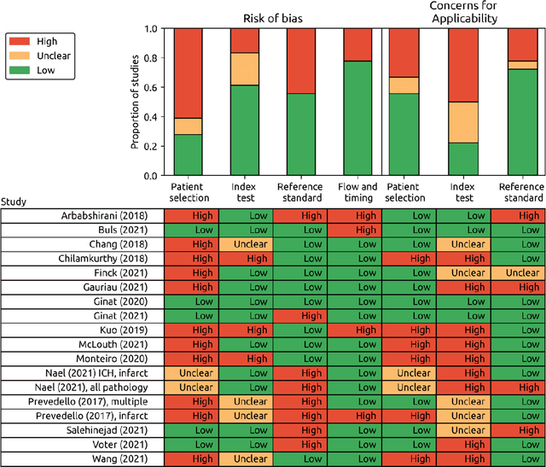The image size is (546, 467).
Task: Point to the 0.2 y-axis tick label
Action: click(155, 146)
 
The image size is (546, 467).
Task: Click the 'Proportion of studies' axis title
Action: click(135, 102)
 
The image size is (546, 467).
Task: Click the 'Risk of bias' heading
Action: click(272, 15)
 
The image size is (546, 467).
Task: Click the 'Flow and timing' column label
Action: click(357, 193)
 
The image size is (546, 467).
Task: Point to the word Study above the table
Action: click(14, 203)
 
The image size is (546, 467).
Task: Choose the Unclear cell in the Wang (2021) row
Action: click(246, 459)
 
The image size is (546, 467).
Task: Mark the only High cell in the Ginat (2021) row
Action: click(300, 317)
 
